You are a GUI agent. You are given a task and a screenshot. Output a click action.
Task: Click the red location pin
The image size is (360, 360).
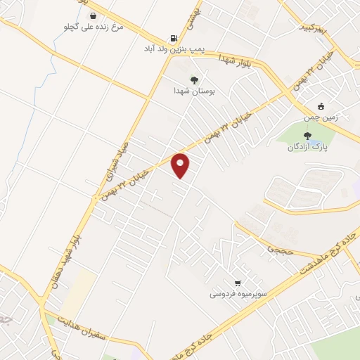coord(181,165)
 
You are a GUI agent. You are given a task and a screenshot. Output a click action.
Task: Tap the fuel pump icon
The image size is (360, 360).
coord(173,39)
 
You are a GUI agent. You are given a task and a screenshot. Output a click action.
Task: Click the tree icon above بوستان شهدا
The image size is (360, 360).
coord(194,80)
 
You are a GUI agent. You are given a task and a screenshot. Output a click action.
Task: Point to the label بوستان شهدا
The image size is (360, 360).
coord(194,91)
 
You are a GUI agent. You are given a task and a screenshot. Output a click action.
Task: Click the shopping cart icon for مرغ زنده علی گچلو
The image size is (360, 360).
coord(93,15)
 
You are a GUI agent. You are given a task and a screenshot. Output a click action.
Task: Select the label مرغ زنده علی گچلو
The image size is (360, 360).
coord(93,27)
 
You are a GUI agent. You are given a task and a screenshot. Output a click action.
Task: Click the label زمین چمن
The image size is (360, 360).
coord(321,117)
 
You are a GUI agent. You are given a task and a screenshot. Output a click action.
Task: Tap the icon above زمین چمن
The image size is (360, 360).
coord(321,106)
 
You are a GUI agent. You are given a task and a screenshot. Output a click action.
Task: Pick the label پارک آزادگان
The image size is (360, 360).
coord(307,147)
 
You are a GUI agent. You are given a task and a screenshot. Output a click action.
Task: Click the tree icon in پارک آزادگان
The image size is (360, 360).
coord(307,135)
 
